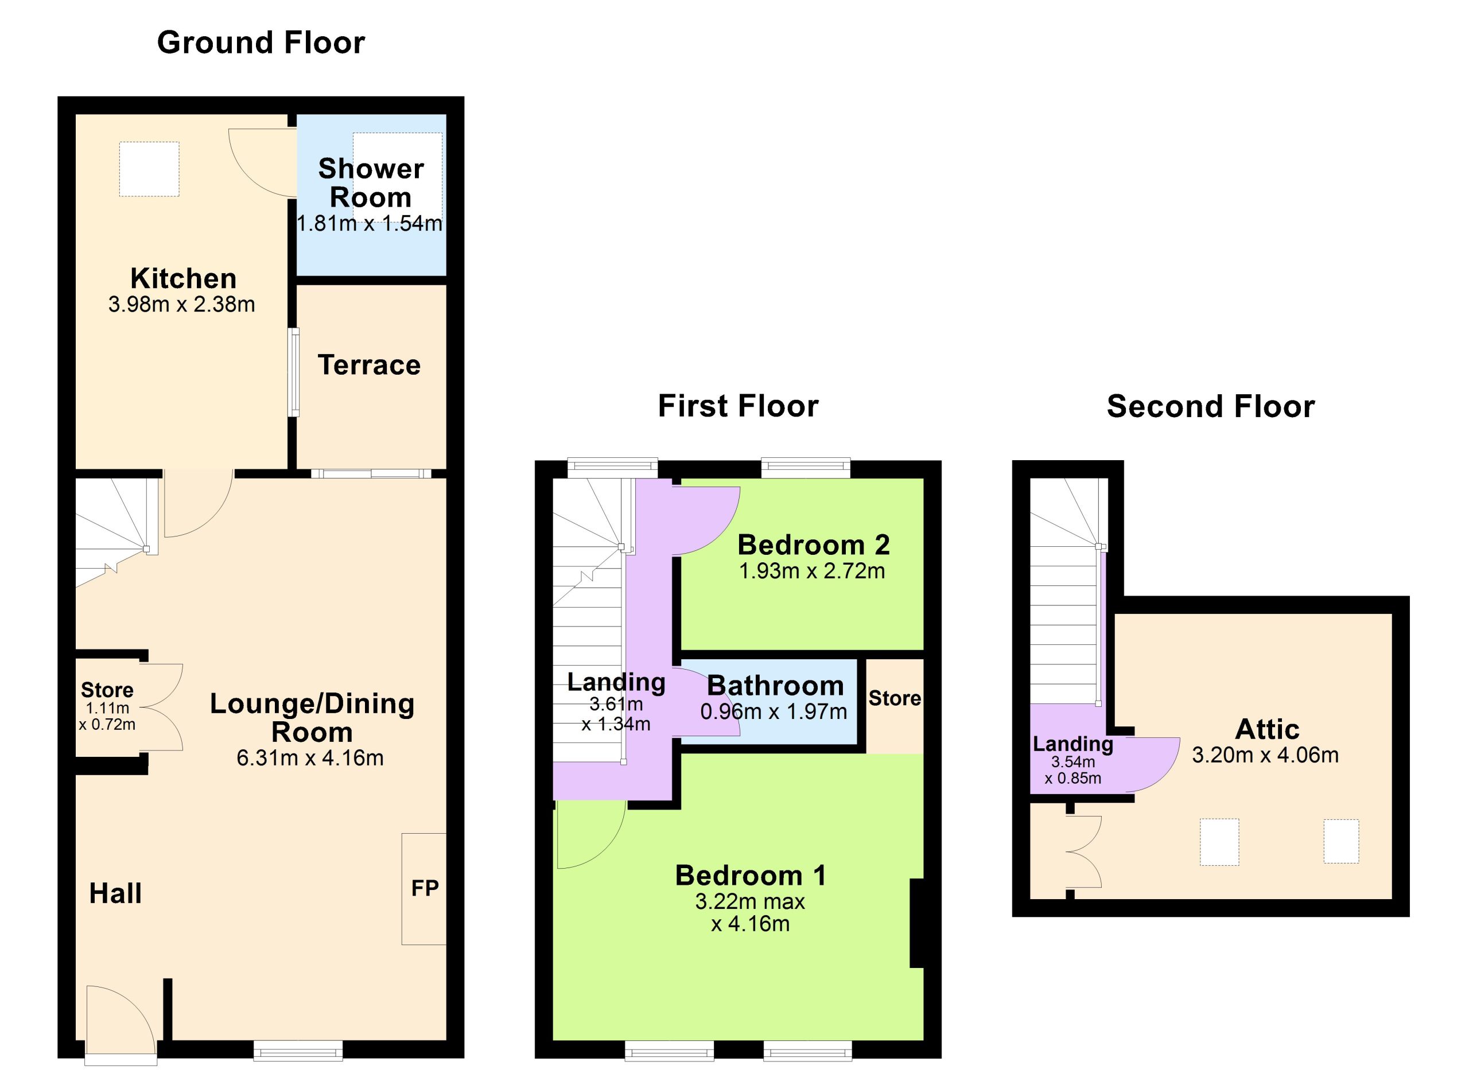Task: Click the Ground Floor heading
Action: (261, 43)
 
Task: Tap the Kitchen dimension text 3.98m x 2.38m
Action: (181, 305)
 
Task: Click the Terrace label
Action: (369, 365)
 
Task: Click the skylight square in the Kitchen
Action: (149, 169)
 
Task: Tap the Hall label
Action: (115, 893)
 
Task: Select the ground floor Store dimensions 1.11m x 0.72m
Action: (107, 716)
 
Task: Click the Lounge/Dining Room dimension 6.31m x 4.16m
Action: (310, 757)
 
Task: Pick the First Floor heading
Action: (738, 406)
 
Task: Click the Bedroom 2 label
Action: (814, 545)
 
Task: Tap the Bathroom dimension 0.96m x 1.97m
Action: (774, 711)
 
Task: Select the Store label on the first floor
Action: (895, 698)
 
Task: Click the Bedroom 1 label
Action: (751, 875)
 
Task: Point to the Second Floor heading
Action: (1211, 406)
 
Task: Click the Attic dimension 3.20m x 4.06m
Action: (1265, 755)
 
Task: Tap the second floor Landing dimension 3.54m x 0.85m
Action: (1072, 770)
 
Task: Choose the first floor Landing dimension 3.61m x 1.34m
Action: (616, 714)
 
